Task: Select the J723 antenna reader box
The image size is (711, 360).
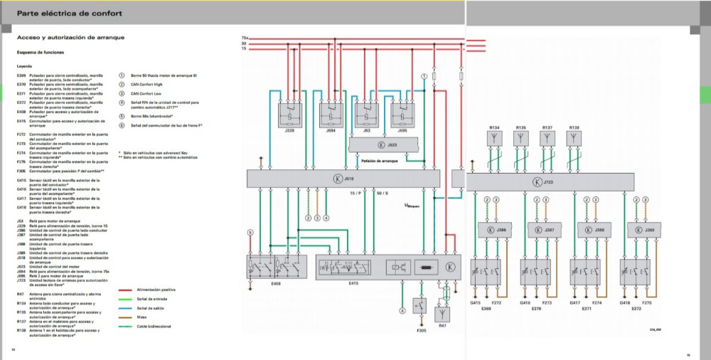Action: tap(542, 182)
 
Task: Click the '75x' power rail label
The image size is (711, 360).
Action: tap(244, 37)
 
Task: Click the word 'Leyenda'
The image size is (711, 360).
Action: tap(24, 66)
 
